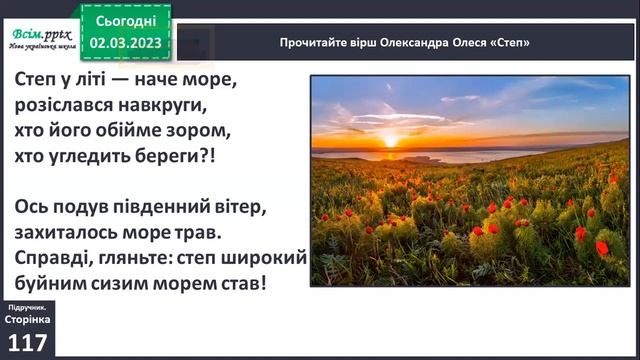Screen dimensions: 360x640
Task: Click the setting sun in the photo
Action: pyautogui.click(x=389, y=140)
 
